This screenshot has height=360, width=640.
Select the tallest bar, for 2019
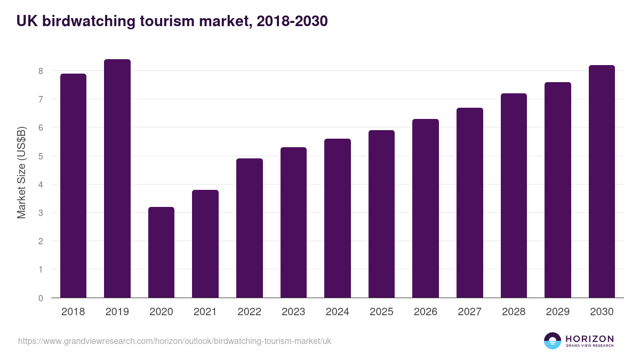[117, 179]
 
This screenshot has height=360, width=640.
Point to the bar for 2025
[381, 214]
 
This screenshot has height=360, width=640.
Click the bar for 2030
[602, 181]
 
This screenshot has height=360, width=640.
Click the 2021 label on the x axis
[205, 312]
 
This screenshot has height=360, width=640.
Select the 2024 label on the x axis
[338, 312]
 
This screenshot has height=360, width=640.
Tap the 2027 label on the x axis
[469, 312]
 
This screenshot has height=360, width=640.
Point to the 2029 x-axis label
[558, 312]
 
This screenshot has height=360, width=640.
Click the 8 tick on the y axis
[41, 71]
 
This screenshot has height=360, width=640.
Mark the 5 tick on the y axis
[41, 156]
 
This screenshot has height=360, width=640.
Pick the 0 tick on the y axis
[41, 298]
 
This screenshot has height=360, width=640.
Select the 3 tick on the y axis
[41, 213]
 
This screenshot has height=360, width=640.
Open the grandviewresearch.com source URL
[174, 341]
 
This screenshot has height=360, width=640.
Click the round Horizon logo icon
[553, 341]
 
